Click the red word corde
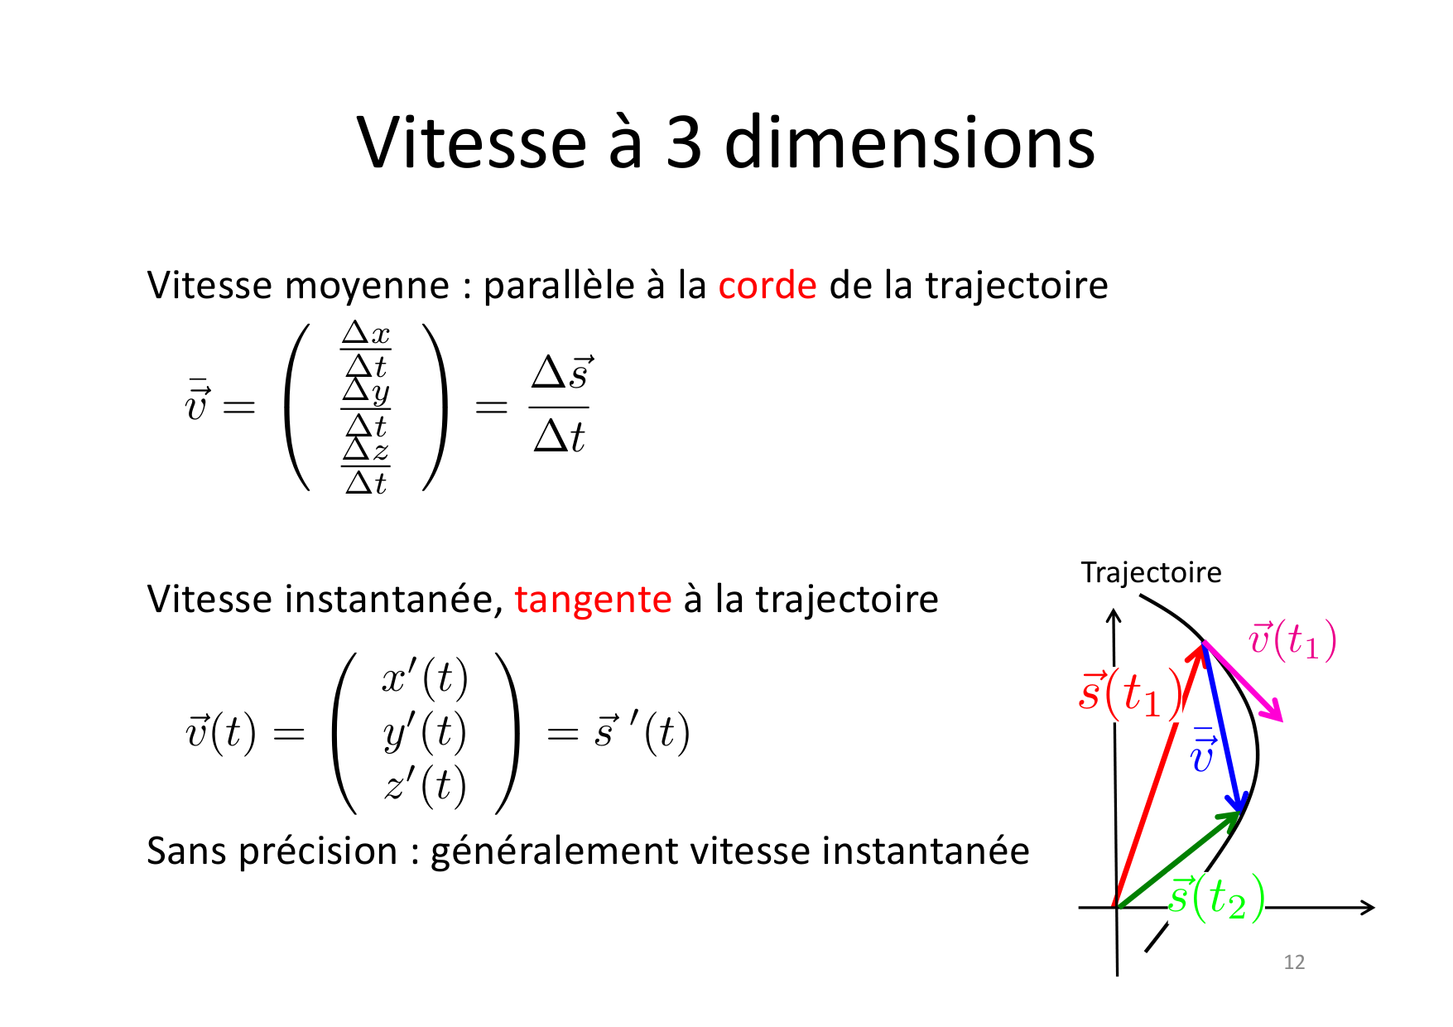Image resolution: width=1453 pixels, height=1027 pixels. (x=767, y=286)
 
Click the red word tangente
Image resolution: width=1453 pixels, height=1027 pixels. (x=593, y=600)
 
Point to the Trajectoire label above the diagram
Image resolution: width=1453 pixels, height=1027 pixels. (x=1151, y=572)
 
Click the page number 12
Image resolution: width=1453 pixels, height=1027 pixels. (x=1294, y=962)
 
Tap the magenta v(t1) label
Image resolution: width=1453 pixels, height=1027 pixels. (x=1292, y=640)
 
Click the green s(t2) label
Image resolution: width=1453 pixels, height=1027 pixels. (x=1216, y=898)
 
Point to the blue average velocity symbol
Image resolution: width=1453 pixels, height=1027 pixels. (x=1203, y=750)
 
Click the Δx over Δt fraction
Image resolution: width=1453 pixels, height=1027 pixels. (x=366, y=350)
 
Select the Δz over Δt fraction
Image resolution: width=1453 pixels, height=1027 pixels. (x=366, y=466)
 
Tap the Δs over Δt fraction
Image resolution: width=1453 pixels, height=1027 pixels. (x=561, y=406)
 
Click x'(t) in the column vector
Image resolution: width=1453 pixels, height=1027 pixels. (x=425, y=678)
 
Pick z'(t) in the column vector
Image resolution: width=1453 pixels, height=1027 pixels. (x=425, y=785)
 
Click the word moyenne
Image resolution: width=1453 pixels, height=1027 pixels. (x=367, y=287)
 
